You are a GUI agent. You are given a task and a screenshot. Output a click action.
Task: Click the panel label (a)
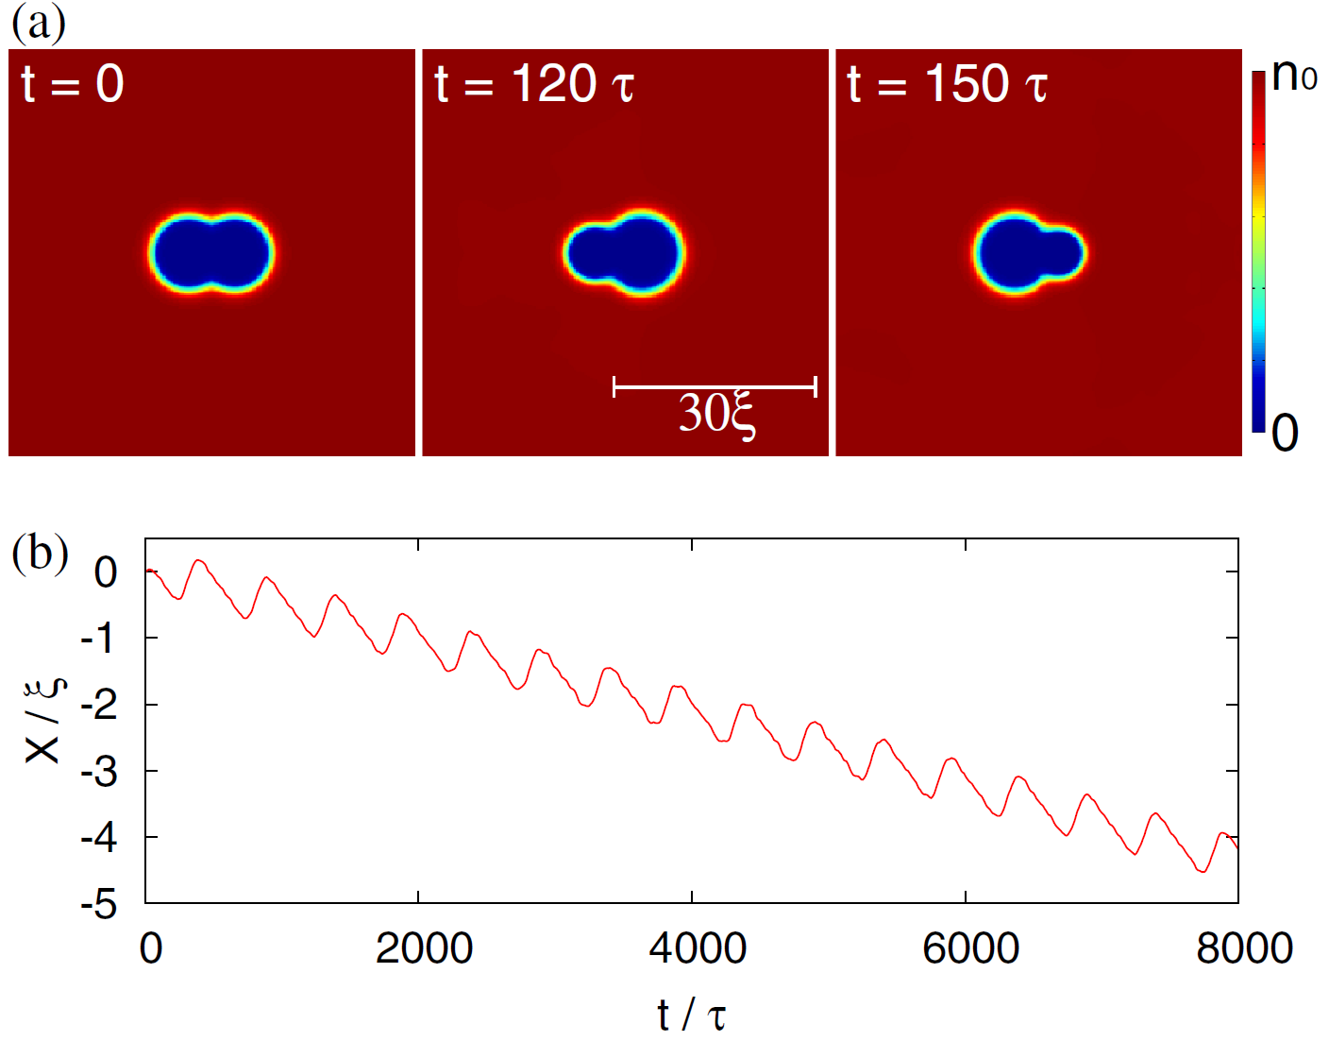38,23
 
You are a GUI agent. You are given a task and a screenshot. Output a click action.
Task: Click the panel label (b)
40,553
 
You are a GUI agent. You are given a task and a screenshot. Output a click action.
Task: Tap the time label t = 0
73,84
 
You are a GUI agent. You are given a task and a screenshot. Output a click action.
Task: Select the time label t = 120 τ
533,84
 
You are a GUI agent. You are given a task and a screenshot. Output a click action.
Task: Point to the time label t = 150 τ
947,84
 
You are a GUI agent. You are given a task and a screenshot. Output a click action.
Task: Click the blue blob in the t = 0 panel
210,252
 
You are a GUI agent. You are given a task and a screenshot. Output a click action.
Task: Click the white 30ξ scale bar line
715,386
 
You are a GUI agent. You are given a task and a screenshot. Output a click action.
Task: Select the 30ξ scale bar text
716,415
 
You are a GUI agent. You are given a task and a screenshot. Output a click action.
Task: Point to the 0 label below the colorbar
1285,433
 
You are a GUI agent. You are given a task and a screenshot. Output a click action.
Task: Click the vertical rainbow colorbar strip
1258,251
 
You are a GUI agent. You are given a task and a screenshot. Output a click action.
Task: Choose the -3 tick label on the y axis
99,773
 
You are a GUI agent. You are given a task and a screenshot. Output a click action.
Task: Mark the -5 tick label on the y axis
99,905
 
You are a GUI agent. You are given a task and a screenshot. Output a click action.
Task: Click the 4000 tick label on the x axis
698,947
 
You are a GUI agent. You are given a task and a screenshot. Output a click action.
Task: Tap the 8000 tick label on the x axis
1244,947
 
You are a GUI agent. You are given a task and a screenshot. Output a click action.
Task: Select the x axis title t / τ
692,1015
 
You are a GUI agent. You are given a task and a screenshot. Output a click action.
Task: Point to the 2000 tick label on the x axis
424,947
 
